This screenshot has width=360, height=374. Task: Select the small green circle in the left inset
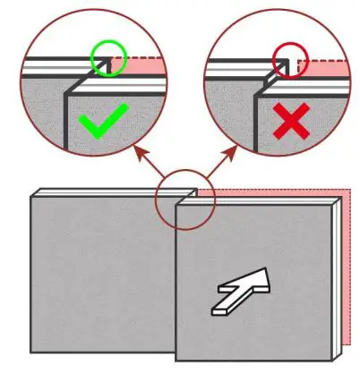tap(107, 57)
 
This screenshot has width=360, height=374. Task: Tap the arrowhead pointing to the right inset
tap(236, 153)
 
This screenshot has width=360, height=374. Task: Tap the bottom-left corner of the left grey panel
tap(31, 351)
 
